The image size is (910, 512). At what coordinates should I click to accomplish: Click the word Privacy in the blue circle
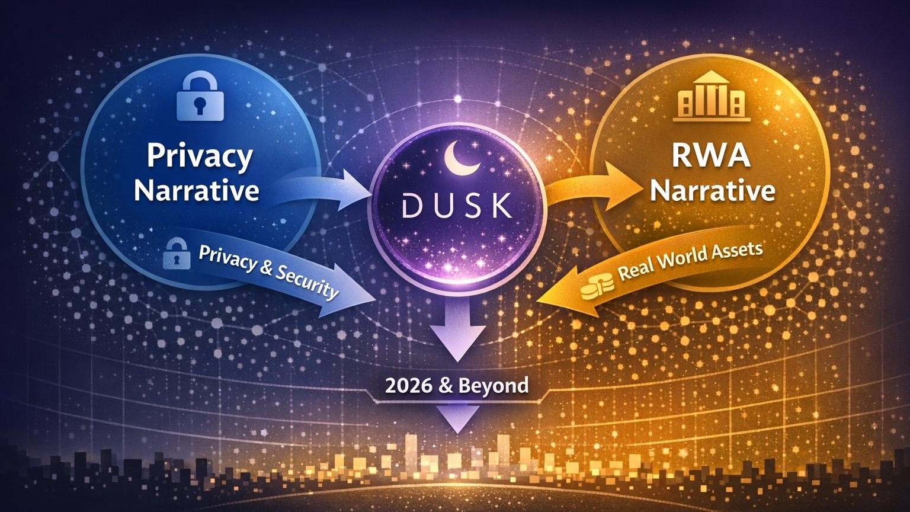coord(199,156)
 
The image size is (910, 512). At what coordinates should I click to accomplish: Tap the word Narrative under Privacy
coord(197,191)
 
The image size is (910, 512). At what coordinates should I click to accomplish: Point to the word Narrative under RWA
coord(716,191)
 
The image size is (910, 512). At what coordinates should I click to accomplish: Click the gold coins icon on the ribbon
coord(595,286)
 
